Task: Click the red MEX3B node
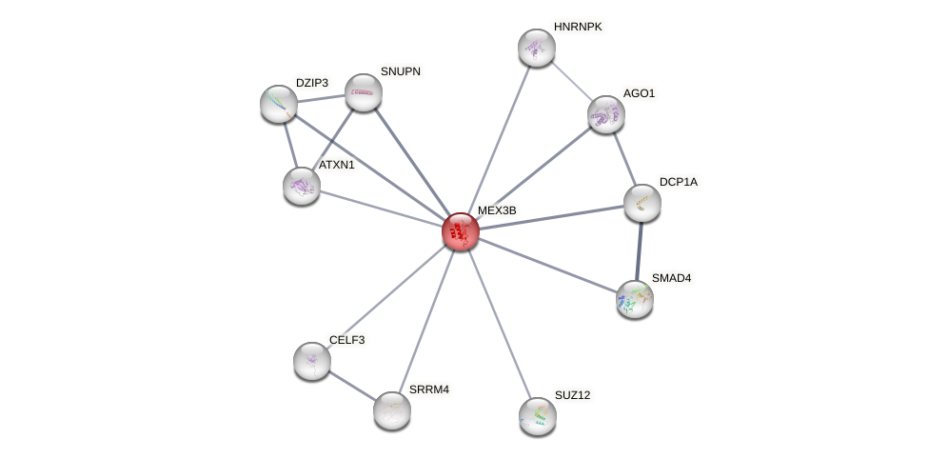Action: pyautogui.click(x=461, y=231)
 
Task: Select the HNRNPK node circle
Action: pyautogui.click(x=537, y=48)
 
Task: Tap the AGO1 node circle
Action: pyautogui.click(x=605, y=114)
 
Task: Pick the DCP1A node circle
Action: pyautogui.click(x=642, y=202)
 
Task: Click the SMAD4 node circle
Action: pyautogui.click(x=635, y=299)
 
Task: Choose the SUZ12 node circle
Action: pyautogui.click(x=538, y=415)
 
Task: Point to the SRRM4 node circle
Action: pyautogui.click(x=391, y=409)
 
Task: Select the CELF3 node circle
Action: pyautogui.click(x=312, y=360)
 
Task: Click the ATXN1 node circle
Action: pyautogui.click(x=302, y=185)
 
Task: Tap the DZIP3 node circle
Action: pyautogui.click(x=279, y=104)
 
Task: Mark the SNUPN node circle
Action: pyautogui.click(x=363, y=91)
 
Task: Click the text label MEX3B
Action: pyautogui.click(x=497, y=210)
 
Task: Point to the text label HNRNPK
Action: pyautogui.click(x=578, y=27)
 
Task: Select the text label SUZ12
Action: pyautogui.click(x=572, y=395)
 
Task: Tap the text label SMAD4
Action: pyautogui.click(x=671, y=278)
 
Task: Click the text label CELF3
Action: pyautogui.click(x=346, y=340)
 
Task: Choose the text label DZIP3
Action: pyautogui.click(x=311, y=83)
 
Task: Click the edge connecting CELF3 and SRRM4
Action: pyautogui.click(x=351, y=385)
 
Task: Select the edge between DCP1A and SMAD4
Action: pyautogui.click(x=639, y=250)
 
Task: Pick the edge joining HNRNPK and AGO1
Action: pyautogui.click(x=571, y=81)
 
